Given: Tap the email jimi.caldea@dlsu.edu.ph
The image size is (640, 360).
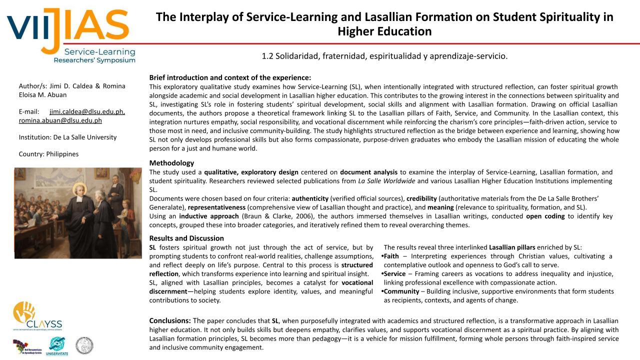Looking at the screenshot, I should (87, 112).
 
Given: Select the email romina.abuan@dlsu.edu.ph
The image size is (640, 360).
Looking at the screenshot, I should (60, 120).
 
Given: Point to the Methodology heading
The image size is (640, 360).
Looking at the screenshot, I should (171, 163).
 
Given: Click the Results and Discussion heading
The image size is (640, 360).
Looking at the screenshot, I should (186, 238).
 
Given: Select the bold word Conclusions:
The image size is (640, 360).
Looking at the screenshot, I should (170, 320).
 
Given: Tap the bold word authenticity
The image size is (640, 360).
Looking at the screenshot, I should (310, 198).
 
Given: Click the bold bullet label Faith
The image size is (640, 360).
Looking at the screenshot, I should (391, 256).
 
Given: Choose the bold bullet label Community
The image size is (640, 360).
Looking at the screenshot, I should (401, 291).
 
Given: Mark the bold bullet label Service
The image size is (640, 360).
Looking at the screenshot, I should (394, 274).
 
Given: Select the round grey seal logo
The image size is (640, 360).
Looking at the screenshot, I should (84, 345).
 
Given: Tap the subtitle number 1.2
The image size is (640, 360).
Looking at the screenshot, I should (267, 56).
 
